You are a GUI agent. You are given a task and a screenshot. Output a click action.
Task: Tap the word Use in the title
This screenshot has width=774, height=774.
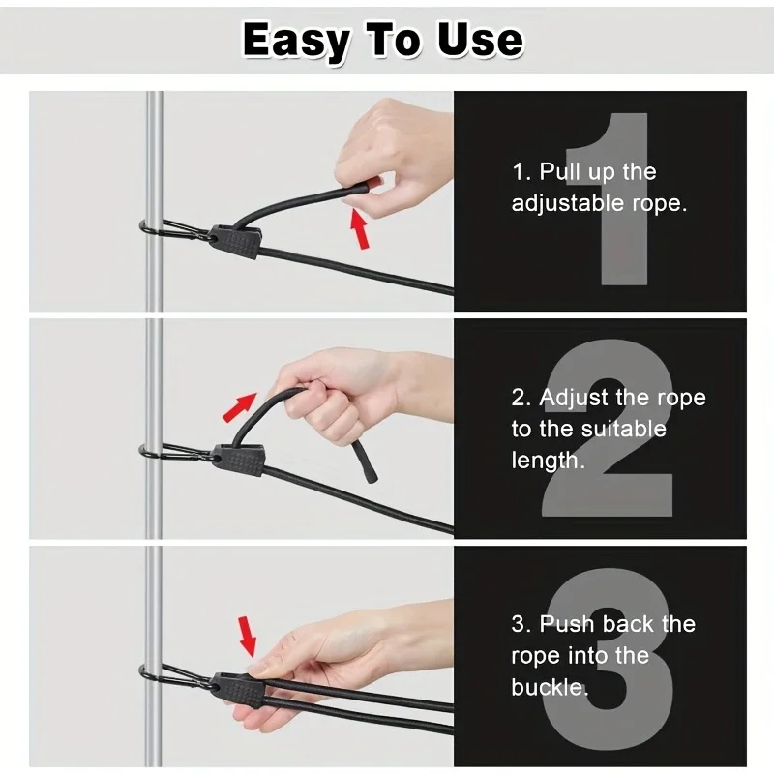point(480,40)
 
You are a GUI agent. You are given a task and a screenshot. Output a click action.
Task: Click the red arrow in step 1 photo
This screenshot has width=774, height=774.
point(360,228)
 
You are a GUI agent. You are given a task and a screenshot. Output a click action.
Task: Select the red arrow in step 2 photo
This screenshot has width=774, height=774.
point(240,407)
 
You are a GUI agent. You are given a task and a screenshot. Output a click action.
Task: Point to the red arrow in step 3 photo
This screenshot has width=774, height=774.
point(248,637)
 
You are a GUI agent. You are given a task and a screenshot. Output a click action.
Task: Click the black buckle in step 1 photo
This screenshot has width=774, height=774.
point(234,242)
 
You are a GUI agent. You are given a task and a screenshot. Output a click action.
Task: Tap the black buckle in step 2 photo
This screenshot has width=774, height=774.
point(239,460)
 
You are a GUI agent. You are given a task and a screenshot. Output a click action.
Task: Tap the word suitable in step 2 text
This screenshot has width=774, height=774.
point(624,429)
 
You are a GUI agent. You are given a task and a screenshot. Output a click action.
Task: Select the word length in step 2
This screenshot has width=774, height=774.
point(545,461)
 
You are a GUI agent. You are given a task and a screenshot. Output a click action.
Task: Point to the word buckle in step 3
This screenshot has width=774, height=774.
point(547,687)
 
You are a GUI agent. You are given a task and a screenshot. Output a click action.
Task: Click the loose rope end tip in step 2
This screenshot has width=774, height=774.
point(372,478)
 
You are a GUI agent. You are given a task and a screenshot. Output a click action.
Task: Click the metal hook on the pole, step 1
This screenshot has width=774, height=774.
point(178,231)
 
